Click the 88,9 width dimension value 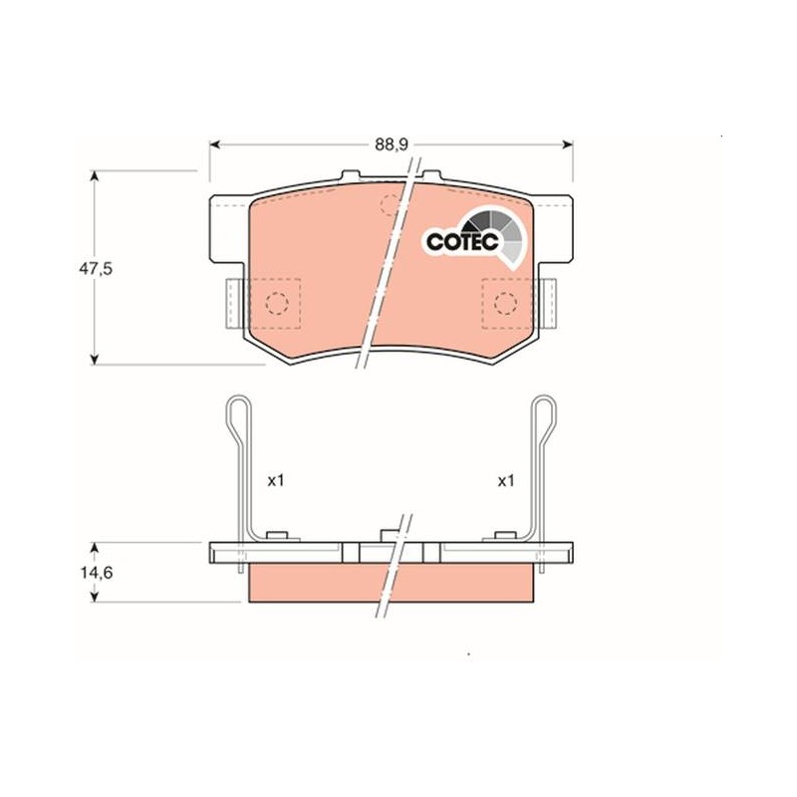(392, 144)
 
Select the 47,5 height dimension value (96, 268)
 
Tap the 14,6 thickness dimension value (96, 573)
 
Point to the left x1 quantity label (276, 480)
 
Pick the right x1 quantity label (506, 480)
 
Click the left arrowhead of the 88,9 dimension (214, 144)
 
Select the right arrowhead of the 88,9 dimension (568, 144)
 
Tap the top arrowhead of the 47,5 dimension (94, 176)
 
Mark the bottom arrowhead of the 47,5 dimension (94, 360)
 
